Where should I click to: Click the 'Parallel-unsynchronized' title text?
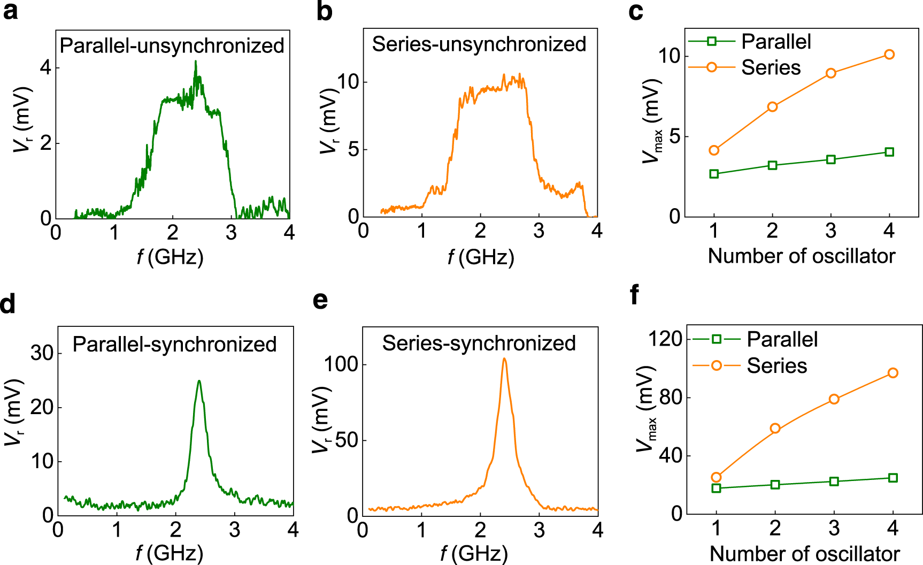172,46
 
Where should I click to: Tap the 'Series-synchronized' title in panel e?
479,343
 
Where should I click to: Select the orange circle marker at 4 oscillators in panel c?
889,55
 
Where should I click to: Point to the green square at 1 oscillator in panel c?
714,174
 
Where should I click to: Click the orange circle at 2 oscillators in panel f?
775,429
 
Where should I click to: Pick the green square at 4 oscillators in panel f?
893,478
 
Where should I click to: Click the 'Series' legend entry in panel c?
771,67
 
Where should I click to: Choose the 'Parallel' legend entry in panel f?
782,339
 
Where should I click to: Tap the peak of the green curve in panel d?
199,381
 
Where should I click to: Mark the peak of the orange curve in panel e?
504,359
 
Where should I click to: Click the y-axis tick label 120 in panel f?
665,339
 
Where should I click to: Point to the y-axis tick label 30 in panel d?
42,353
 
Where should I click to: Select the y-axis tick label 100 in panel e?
341,364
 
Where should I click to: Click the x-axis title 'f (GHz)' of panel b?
481,258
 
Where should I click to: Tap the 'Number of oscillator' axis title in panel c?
801,256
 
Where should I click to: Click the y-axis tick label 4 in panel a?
46,68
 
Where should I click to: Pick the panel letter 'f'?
635,295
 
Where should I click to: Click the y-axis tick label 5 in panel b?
353,149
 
